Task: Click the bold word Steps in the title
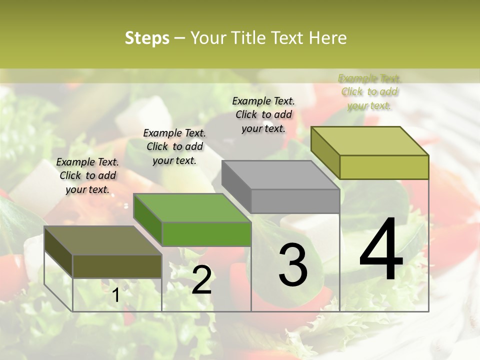(146, 38)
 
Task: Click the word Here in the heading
(327, 38)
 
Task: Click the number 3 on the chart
(293, 265)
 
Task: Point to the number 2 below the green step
(201, 280)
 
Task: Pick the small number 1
(116, 295)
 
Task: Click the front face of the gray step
(295, 201)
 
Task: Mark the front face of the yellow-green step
(384, 167)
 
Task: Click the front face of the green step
(206, 234)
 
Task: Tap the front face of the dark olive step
(117, 266)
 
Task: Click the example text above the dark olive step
(87, 175)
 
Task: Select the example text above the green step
(174, 146)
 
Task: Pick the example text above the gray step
(263, 114)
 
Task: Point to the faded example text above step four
(369, 91)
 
